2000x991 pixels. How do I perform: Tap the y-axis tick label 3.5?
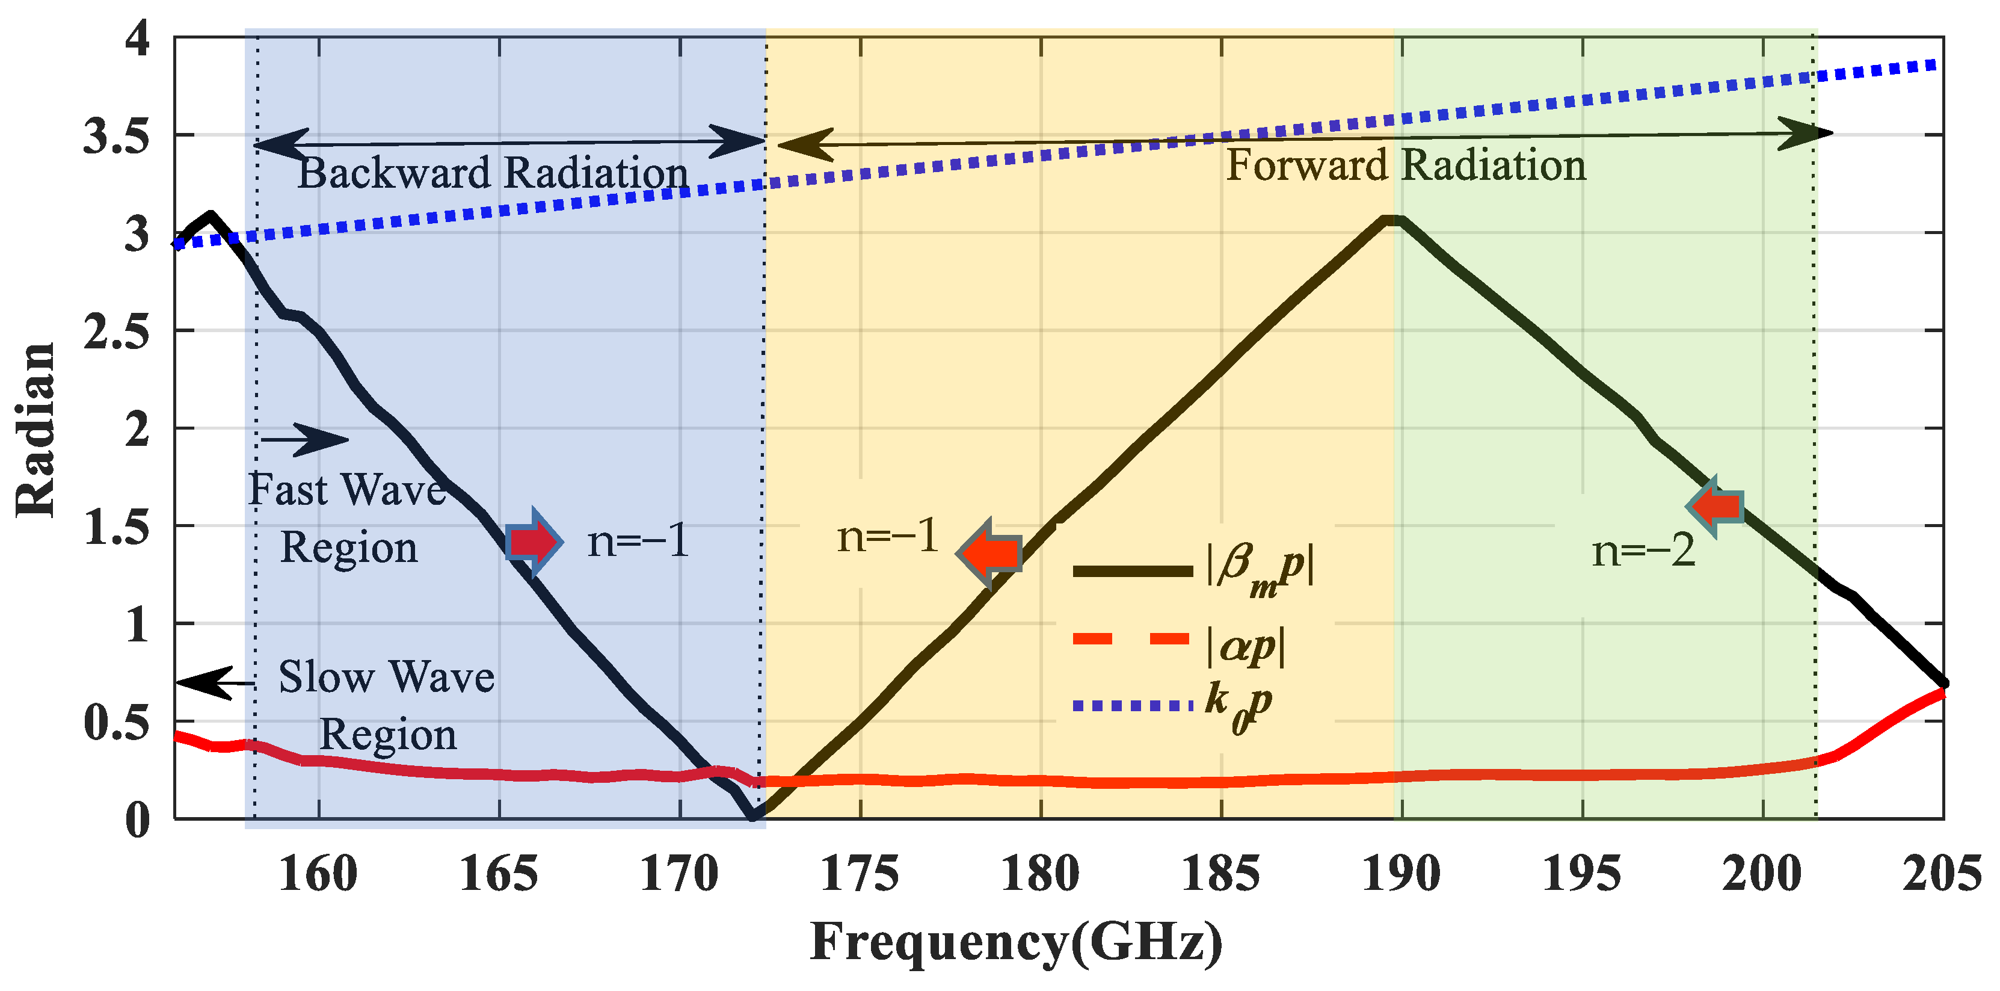point(117,137)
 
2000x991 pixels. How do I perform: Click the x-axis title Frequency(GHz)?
point(1015,942)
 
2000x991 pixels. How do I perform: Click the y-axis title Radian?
point(35,430)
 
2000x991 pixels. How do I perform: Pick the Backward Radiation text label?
point(493,173)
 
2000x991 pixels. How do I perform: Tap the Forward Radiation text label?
point(1405,165)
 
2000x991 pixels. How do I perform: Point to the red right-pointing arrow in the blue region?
point(534,542)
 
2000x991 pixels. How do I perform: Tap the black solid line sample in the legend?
point(1132,572)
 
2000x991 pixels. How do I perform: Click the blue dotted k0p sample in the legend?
point(1132,705)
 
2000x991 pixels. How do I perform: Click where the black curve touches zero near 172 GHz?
point(753,817)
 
